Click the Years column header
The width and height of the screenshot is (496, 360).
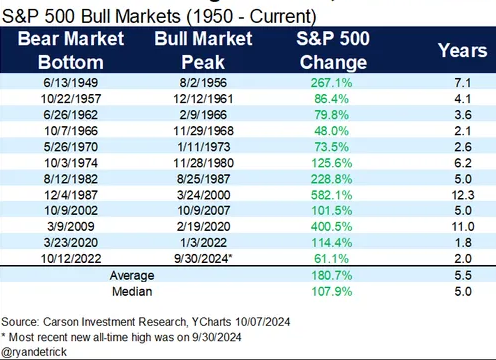[463, 51]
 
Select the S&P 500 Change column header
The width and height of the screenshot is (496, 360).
[333, 50]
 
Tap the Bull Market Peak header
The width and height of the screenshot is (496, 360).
[203, 50]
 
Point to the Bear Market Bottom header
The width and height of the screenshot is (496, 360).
[71, 50]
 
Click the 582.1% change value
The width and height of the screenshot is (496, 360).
[331, 195]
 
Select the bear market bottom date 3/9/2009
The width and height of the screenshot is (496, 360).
[71, 227]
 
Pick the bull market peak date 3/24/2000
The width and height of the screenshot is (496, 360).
[203, 195]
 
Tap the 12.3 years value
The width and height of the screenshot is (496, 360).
[463, 195]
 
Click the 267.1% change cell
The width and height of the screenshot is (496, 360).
[331, 83]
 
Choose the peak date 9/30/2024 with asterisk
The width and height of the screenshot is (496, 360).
[203, 259]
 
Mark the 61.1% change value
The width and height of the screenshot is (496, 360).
[331, 259]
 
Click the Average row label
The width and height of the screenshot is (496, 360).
[132, 276]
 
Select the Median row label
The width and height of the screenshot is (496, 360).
[132, 292]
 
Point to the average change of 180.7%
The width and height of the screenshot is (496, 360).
[331, 276]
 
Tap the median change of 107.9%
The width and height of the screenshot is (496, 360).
[331, 292]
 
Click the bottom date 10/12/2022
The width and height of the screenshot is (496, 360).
[71, 259]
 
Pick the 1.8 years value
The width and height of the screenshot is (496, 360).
[463, 243]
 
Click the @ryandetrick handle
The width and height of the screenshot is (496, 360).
[34, 352]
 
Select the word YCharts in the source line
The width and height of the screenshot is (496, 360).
[211, 322]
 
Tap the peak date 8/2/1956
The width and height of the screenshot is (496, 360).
[203, 83]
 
